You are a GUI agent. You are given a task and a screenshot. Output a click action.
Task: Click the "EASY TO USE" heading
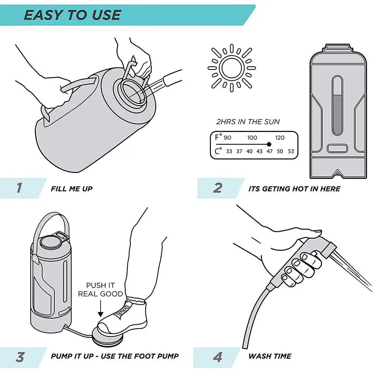(73, 15)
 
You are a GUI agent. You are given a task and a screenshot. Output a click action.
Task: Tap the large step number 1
(19, 188)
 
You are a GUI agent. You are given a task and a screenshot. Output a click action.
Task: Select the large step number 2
(218, 188)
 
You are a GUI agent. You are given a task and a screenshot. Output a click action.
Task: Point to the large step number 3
(20, 357)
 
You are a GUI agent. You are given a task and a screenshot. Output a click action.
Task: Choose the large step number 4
(218, 357)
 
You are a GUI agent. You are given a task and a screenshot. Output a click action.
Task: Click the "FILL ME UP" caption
(72, 189)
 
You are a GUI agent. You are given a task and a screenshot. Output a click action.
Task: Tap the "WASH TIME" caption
(270, 356)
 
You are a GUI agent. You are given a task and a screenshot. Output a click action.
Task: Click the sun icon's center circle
(232, 68)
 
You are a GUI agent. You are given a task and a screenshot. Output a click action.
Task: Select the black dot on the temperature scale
(269, 144)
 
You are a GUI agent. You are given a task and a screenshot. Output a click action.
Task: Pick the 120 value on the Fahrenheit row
(280, 137)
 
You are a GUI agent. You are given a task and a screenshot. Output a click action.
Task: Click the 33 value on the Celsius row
(229, 151)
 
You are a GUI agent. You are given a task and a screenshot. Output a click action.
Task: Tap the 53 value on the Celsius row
(291, 151)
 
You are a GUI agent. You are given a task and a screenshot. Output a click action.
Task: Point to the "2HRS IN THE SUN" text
(248, 122)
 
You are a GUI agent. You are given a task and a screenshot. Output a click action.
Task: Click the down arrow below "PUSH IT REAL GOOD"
(101, 309)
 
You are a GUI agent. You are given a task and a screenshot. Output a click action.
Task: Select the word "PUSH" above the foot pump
(94, 285)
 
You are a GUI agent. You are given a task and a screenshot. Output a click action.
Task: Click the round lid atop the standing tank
(51, 242)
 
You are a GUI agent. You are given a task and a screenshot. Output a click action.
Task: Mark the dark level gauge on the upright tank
(337, 114)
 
